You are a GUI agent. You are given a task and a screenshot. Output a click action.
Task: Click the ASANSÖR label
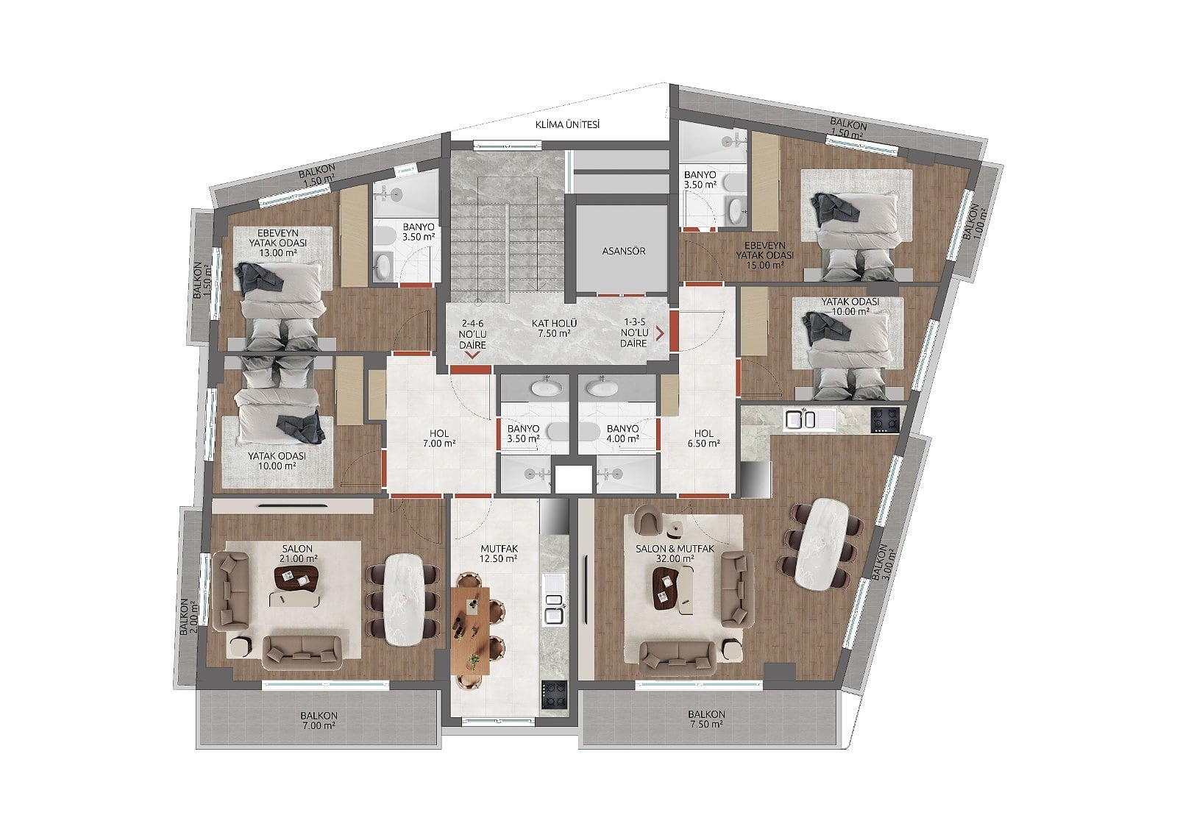[x=624, y=252]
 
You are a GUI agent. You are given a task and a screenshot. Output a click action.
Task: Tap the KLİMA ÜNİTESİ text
[x=567, y=124]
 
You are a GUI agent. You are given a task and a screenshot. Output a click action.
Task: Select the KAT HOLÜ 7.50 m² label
[x=554, y=328]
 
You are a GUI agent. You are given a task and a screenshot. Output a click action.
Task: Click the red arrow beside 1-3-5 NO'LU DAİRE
[x=660, y=333]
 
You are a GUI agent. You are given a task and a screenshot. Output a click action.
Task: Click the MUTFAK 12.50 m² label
[x=499, y=553]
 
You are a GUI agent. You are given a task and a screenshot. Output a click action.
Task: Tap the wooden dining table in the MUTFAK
[x=470, y=629]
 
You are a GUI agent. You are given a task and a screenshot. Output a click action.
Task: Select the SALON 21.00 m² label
[x=297, y=553]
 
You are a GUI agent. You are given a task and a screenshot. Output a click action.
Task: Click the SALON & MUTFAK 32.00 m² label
[x=675, y=553]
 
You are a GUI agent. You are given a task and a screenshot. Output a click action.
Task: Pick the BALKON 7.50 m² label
[x=706, y=719]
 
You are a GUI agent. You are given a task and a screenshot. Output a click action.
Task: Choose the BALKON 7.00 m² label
[x=319, y=721]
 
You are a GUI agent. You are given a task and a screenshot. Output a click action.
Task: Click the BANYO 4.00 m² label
[x=622, y=433]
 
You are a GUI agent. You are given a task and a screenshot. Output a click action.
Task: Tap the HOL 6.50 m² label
[x=703, y=438]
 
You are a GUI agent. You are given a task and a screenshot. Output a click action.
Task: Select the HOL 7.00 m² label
[x=439, y=438]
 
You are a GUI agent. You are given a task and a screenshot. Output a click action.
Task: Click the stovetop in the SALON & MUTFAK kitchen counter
[x=885, y=421]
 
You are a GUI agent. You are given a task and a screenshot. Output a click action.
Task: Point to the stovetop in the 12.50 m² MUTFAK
[x=555, y=695]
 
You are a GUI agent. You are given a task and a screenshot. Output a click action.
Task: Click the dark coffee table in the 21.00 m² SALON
[x=296, y=578]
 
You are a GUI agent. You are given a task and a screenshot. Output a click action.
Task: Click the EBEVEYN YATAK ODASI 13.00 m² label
[x=278, y=243]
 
